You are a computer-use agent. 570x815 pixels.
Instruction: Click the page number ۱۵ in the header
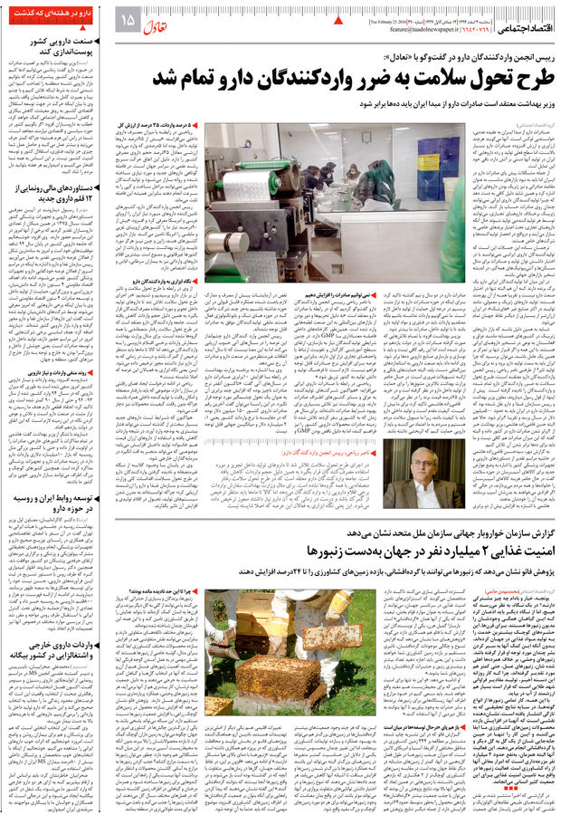127,19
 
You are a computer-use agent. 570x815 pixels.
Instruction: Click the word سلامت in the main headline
414,79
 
